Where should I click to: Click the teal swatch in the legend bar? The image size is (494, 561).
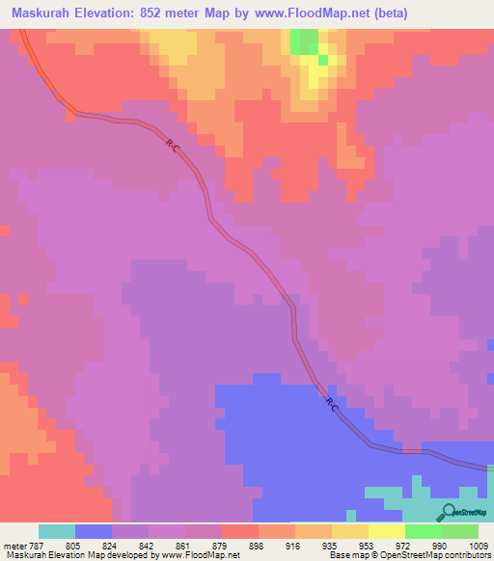57,531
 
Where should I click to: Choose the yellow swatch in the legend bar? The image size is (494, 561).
387,531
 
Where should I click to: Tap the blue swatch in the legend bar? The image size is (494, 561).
94,531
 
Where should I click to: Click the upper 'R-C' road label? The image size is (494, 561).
172,146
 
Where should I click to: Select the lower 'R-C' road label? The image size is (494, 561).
331,405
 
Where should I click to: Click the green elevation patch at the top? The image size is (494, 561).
305,41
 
